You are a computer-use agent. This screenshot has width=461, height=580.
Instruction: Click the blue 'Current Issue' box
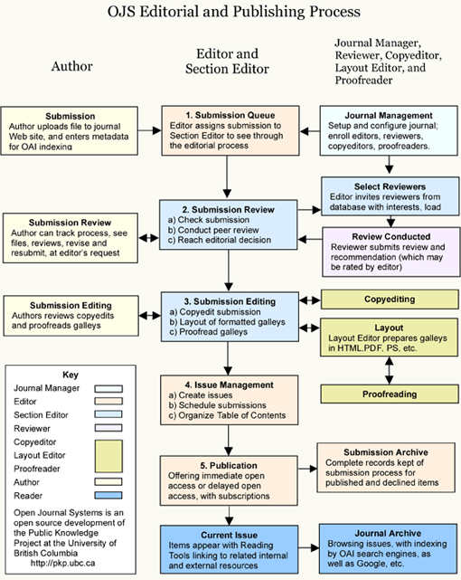coord(230,547)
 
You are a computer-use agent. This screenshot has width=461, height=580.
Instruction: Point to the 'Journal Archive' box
coord(385,548)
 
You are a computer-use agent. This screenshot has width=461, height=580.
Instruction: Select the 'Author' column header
coord(71,67)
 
